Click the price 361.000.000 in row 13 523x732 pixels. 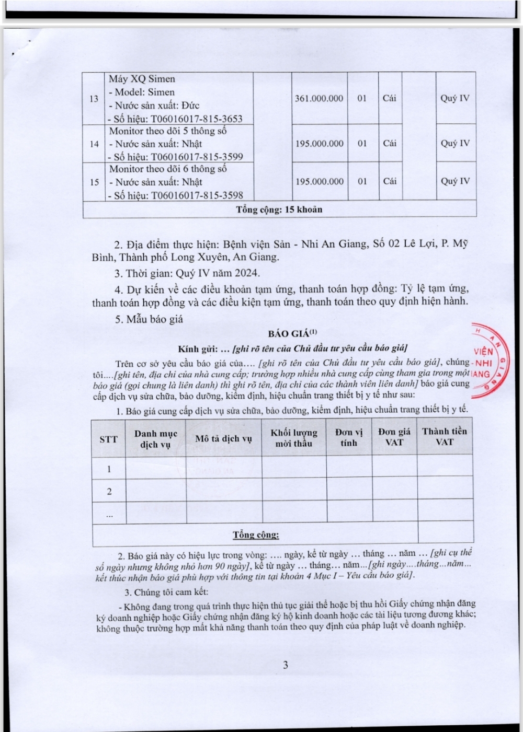(319, 98)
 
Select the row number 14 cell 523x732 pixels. (94, 144)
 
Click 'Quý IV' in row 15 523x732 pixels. (455, 181)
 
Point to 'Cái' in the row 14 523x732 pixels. (390, 143)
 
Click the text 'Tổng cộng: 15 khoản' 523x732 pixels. (279, 210)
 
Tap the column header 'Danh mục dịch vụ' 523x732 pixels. (156, 439)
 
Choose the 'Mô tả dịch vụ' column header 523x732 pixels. (223, 438)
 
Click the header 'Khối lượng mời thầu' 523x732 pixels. (294, 438)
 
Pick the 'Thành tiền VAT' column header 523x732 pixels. (445, 437)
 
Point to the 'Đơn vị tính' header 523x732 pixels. (349, 437)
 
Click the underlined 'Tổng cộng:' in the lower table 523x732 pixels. (256, 535)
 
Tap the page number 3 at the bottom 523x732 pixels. (286, 665)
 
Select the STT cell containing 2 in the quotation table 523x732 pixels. (109, 491)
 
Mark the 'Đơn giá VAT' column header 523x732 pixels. (394, 437)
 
